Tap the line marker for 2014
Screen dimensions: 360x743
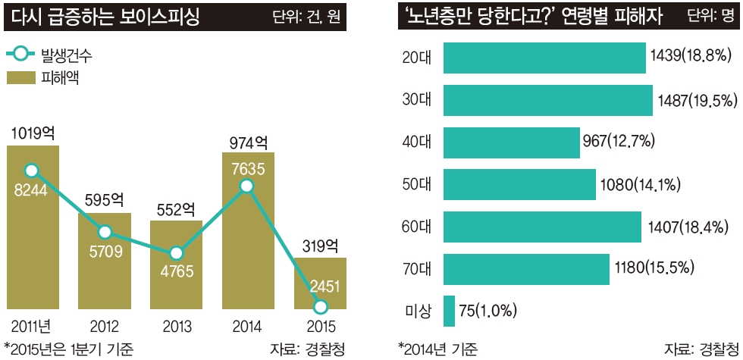tap(246, 186)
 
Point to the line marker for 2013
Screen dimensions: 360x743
tap(176, 254)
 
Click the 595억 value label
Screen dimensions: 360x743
tap(104, 200)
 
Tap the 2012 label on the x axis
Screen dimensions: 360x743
tap(104, 327)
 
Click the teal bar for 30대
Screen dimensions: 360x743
tap(547, 101)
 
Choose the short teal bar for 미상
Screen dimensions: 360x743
tap(449, 311)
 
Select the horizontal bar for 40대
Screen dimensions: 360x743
tap(511, 142)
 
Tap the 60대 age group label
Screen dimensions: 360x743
tap(416, 227)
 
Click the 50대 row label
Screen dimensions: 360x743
tap(416, 184)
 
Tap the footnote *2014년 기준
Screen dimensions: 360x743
tap(437, 349)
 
